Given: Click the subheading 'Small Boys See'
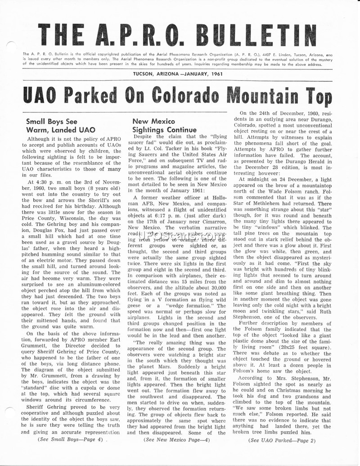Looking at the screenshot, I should [x=51, y=122].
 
